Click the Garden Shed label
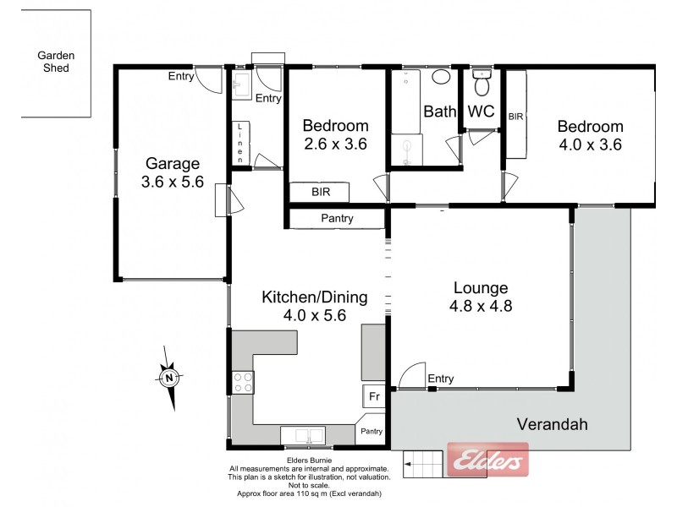tap(56, 63)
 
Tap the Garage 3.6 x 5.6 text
tap(173, 172)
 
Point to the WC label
tap(481, 111)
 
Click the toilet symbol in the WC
tap(482, 84)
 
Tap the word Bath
tap(439, 111)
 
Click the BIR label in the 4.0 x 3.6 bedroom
tap(515, 117)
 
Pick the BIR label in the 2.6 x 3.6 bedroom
tap(320, 193)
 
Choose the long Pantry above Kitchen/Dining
tap(336, 219)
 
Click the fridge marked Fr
tap(372, 395)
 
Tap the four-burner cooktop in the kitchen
tap(242, 383)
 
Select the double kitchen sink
tap(304, 436)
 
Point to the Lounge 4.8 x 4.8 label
tap(479, 297)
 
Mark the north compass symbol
tap(169, 378)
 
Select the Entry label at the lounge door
tap(441, 379)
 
